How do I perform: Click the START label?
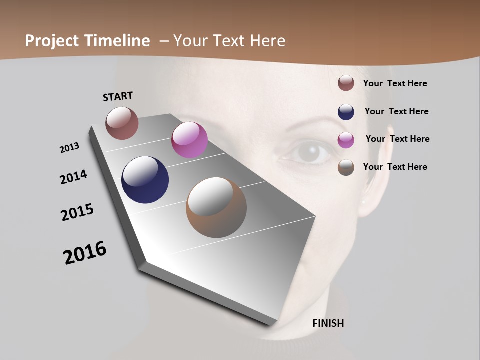click(118, 96)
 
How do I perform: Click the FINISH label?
click(328, 323)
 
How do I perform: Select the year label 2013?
click(70, 148)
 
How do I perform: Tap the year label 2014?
click(74, 177)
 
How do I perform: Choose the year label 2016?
click(85, 252)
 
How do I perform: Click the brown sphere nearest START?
click(122, 123)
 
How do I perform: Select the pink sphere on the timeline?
click(189, 140)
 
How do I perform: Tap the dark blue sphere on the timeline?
click(145, 180)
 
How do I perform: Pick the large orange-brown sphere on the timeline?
click(216, 207)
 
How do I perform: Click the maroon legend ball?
click(346, 83)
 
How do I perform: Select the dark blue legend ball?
click(346, 111)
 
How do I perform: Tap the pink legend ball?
click(346, 139)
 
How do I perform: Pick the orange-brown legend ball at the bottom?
click(346, 167)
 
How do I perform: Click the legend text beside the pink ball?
click(397, 139)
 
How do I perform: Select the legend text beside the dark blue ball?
click(396, 111)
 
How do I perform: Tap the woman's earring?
click(364, 202)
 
